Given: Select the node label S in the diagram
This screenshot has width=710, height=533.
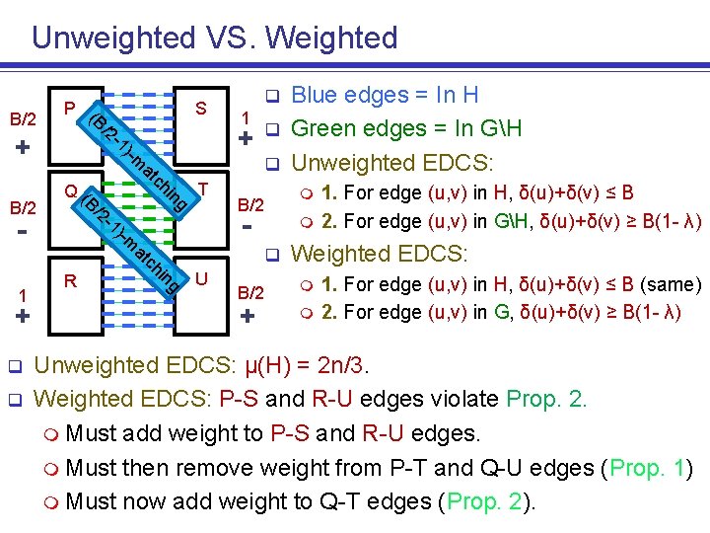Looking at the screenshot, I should [201, 108].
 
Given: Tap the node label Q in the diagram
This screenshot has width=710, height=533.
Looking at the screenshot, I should [70, 190].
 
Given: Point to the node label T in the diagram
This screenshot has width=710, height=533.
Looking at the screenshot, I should [201, 189].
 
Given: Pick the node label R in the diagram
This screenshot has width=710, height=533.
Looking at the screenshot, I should [70, 281].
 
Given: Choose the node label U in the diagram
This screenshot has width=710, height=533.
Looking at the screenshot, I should [201, 279].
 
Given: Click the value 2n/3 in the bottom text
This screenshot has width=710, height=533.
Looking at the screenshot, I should [338, 366].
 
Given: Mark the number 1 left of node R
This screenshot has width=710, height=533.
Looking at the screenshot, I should [23, 295].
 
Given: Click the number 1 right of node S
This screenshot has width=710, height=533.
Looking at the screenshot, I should [246, 115].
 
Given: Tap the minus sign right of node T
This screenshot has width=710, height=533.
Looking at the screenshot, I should [248, 228].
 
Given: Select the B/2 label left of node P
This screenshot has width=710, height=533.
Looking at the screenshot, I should [23, 119].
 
